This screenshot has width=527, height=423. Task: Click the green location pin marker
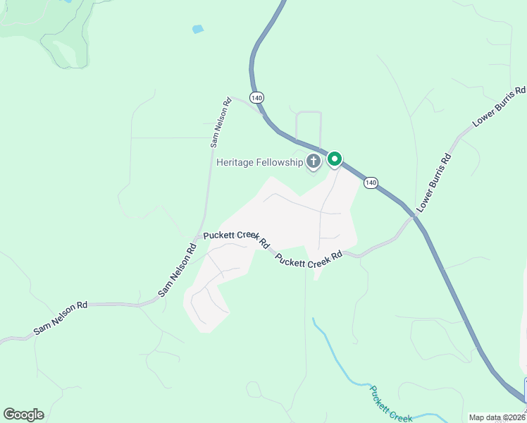tap(335, 159)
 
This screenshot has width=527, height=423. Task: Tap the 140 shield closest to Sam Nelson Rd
tap(256, 97)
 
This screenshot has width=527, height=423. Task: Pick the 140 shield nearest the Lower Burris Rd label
tap(371, 183)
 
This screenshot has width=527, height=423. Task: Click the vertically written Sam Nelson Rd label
tap(220, 122)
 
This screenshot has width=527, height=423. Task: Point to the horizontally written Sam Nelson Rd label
tap(61, 318)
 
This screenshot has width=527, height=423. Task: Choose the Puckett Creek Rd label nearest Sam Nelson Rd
tap(236, 239)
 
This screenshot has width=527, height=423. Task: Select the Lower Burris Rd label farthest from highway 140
tap(500, 106)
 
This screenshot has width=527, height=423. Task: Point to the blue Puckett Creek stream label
tap(392, 404)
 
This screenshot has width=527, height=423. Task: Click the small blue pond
tap(198, 30)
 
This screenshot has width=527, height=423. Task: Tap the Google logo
tap(23, 415)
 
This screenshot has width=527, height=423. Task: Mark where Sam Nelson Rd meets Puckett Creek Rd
tap(199, 237)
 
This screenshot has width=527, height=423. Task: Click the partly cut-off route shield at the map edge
tap(524, 389)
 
